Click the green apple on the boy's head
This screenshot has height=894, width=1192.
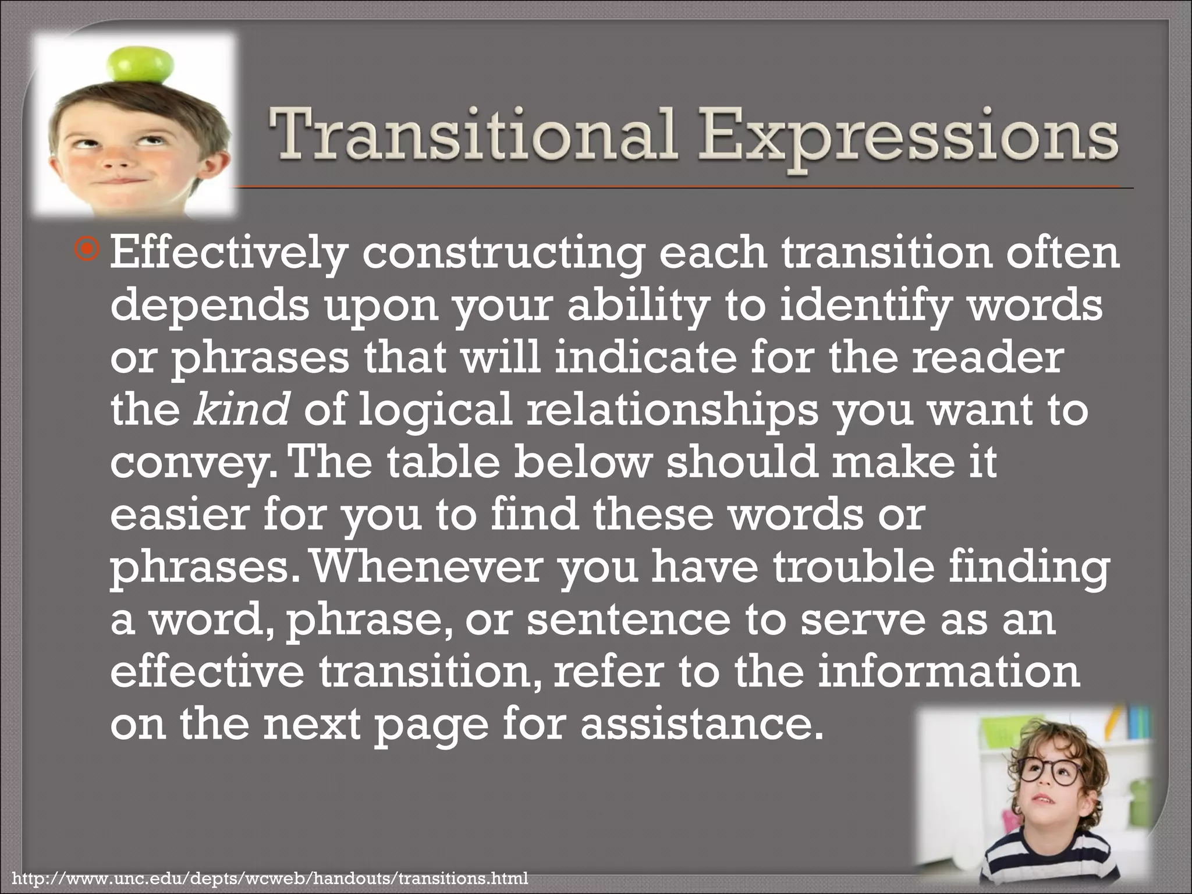(x=143, y=65)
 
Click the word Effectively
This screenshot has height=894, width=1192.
(x=227, y=254)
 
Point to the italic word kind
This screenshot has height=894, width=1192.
(x=240, y=409)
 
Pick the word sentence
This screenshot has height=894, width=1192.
(x=629, y=620)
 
